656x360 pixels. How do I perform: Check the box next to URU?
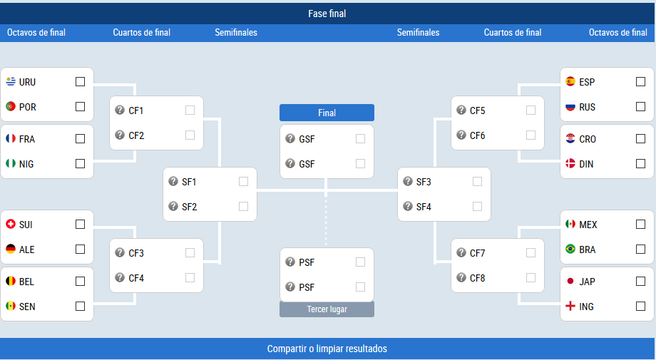pyautogui.click(x=80, y=81)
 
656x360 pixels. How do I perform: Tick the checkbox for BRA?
pyautogui.click(x=640, y=250)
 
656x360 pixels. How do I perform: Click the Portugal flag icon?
pyautogui.click(x=11, y=107)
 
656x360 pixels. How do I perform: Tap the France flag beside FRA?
pyautogui.click(x=11, y=138)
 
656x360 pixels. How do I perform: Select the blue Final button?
pyautogui.click(x=327, y=113)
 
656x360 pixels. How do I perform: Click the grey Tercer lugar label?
pyautogui.click(x=327, y=309)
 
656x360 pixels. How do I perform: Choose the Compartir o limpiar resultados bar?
pyautogui.click(x=327, y=349)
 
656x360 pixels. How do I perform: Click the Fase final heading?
pyautogui.click(x=327, y=14)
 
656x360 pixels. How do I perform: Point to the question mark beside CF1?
pyautogui.click(x=120, y=110)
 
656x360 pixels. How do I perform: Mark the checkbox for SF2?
pyautogui.click(x=243, y=207)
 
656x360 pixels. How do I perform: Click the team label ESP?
pyautogui.click(x=587, y=82)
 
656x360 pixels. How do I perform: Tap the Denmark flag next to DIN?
pyautogui.click(x=570, y=163)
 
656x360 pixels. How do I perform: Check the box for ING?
pyautogui.click(x=640, y=307)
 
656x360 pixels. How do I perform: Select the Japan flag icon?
pyautogui.click(x=570, y=282)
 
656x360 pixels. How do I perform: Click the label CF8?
pyautogui.click(x=477, y=278)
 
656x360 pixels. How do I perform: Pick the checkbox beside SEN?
pyautogui.click(x=80, y=307)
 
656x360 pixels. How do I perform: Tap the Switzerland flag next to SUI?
pyautogui.click(x=11, y=224)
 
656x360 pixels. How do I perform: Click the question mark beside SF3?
pyautogui.click(x=407, y=181)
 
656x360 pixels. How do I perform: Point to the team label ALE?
pyautogui.click(x=27, y=250)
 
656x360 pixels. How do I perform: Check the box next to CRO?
pyautogui.click(x=640, y=139)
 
